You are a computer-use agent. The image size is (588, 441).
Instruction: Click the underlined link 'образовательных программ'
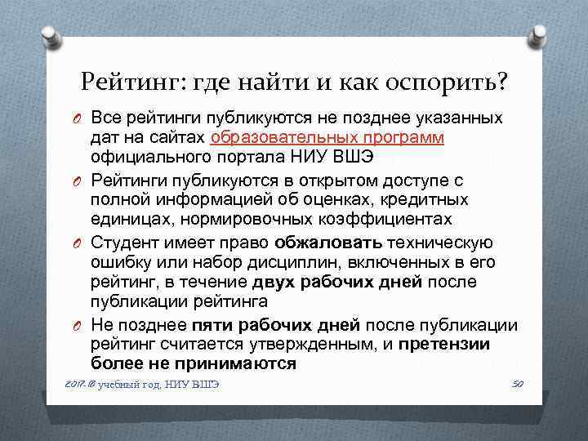tap(327, 137)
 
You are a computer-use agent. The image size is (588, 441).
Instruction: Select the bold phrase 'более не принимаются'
tap(194, 363)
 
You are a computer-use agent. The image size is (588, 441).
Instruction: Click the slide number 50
tap(515, 384)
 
